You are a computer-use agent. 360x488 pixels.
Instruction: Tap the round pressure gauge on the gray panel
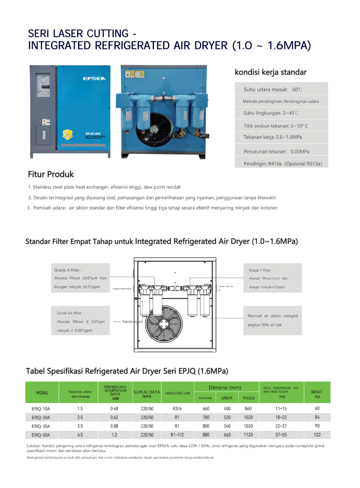click(x=44, y=79)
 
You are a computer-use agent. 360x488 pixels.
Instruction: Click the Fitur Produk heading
click(x=51, y=174)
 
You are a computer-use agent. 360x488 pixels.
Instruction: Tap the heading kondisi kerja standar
click(x=271, y=72)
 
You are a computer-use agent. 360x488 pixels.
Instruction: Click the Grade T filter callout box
click(x=273, y=278)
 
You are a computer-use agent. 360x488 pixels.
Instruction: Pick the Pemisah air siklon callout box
click(x=273, y=320)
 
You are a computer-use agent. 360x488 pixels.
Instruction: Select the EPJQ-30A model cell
click(x=42, y=426)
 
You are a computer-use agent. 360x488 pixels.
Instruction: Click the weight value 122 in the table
click(x=317, y=435)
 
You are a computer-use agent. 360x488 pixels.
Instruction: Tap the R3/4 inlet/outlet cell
click(x=177, y=408)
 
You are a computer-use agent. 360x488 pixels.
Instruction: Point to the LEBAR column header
click(x=227, y=398)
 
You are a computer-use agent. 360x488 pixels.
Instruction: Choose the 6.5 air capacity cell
click(x=80, y=435)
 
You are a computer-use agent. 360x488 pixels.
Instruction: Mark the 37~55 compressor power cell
click(x=281, y=435)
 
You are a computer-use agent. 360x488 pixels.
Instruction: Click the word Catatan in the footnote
click(x=34, y=446)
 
